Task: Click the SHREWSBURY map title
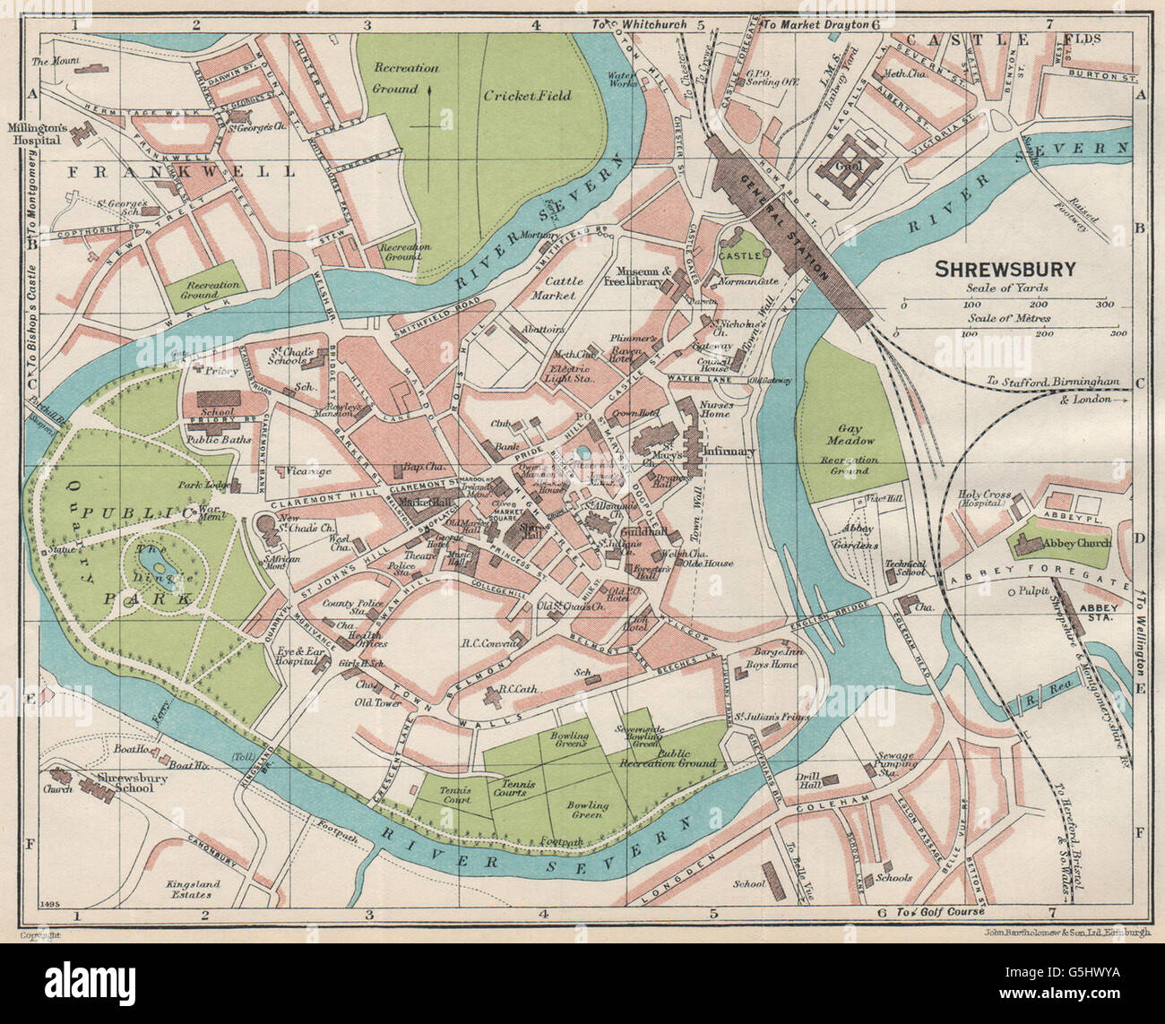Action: pos(1006,269)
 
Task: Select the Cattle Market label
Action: pos(565,287)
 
